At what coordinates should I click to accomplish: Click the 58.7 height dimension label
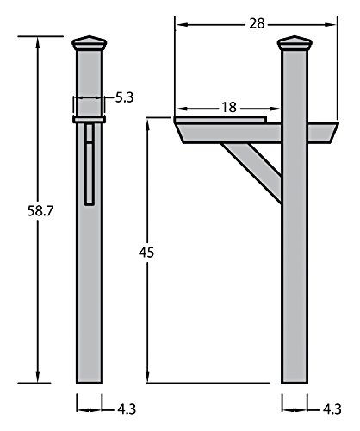40,211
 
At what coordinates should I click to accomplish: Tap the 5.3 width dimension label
125,97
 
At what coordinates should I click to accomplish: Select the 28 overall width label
257,23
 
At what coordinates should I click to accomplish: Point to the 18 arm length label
229,108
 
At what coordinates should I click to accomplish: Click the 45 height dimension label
146,253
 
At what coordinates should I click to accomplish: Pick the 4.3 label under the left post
127,409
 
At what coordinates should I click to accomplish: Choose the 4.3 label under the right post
332,409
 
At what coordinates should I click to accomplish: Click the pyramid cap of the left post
90,43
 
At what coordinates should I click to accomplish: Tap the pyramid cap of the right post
295,43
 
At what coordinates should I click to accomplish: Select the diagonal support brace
252,172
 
